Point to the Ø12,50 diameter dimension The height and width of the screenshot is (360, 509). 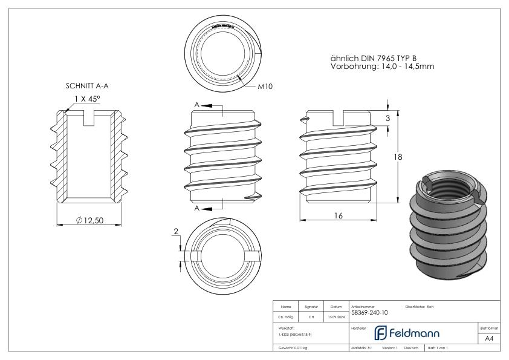[90, 220]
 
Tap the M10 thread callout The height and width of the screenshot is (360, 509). [264, 87]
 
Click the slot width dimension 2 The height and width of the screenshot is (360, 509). [176, 232]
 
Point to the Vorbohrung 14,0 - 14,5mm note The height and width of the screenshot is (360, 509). [383, 67]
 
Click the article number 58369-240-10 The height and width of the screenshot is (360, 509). [369, 313]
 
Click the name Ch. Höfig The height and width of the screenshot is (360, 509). [287, 316]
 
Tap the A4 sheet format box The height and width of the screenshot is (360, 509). [488, 339]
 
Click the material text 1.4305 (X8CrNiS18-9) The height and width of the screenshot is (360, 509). [295, 334]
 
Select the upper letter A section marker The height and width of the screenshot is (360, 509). [197, 105]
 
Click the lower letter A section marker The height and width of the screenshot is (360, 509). [197, 208]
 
